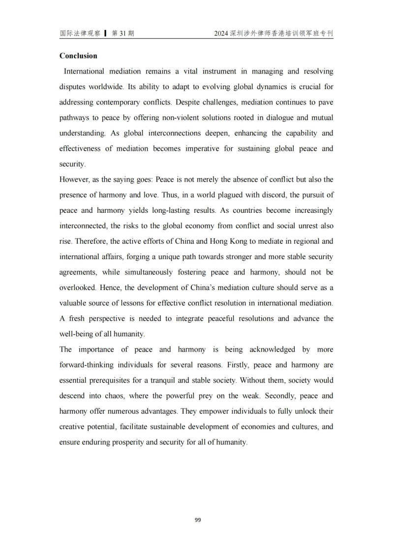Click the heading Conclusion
pos(78,56)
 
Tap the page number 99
pos(198,520)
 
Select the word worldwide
pos(107,87)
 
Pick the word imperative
pos(203,149)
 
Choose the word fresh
pos(80,319)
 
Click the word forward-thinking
pos(92,365)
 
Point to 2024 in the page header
pos(221,33)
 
